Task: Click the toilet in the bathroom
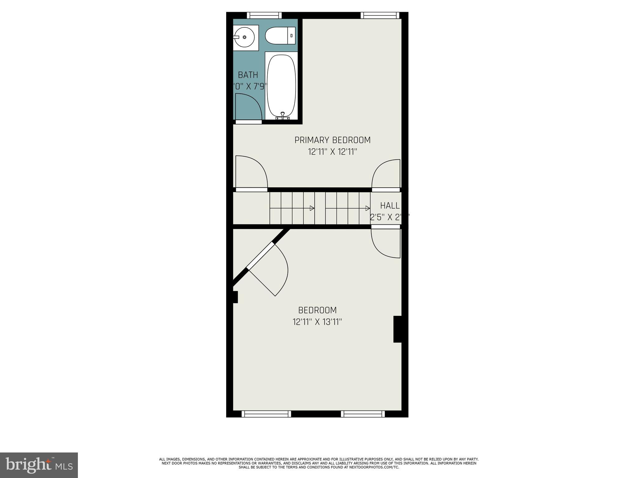(x=280, y=35)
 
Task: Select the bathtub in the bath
(x=281, y=86)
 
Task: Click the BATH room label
(x=248, y=75)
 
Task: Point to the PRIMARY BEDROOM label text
(x=332, y=140)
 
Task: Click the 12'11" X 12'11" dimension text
(x=332, y=152)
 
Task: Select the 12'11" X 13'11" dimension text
(x=317, y=322)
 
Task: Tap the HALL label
(x=390, y=206)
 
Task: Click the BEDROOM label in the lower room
(x=317, y=310)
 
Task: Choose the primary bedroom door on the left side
(x=251, y=173)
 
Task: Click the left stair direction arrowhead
(x=312, y=208)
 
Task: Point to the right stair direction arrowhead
(x=368, y=208)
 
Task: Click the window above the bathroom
(x=264, y=15)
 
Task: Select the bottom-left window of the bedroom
(x=266, y=414)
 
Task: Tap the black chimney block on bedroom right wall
(x=398, y=329)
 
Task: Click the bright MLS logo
(x=39, y=465)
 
